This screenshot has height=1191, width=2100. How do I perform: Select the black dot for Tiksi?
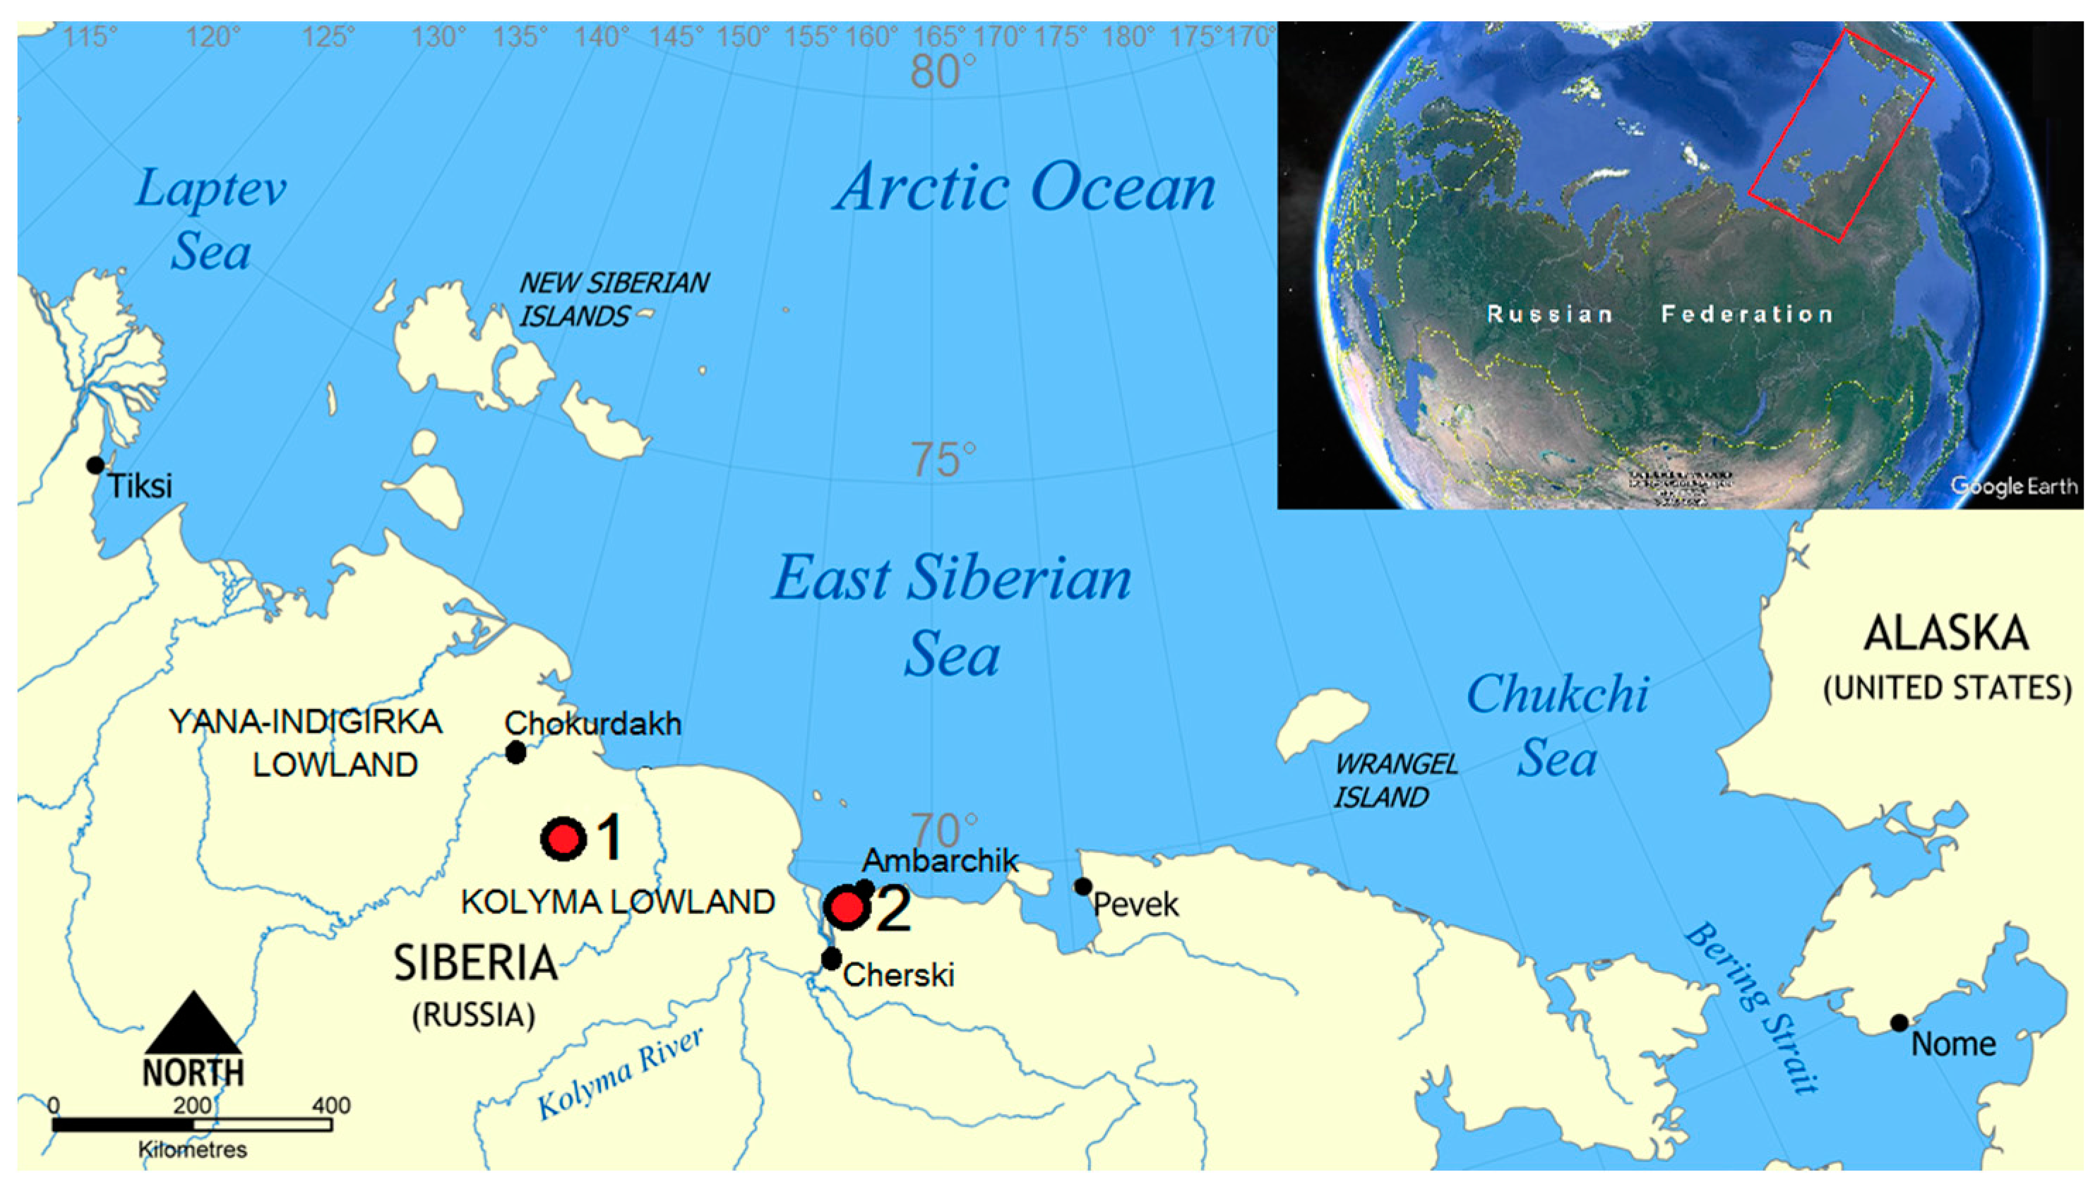pyautogui.click(x=96, y=465)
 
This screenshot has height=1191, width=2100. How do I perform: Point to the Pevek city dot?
pyautogui.click(x=1082, y=886)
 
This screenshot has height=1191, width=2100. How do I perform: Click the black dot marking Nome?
pyautogui.click(x=1899, y=1022)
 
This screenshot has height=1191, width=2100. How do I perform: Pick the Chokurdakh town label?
pyautogui.click(x=592, y=724)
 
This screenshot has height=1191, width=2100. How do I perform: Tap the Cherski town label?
pyautogui.click(x=899, y=975)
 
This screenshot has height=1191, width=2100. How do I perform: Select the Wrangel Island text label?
pyautogui.click(x=1395, y=780)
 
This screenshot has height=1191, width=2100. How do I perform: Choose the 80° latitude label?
pyautogui.click(x=943, y=72)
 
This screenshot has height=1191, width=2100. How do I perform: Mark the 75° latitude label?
pyautogui.click(x=943, y=460)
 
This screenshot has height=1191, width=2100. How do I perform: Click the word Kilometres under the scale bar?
pyautogui.click(x=192, y=1150)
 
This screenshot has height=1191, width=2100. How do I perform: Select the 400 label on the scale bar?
pyautogui.click(x=330, y=1106)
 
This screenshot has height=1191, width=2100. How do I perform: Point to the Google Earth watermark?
pyautogui.click(x=2013, y=486)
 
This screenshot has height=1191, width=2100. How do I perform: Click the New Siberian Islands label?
pyautogui.click(x=614, y=299)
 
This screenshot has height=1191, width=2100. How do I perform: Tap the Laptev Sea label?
pyautogui.click(x=210, y=219)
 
